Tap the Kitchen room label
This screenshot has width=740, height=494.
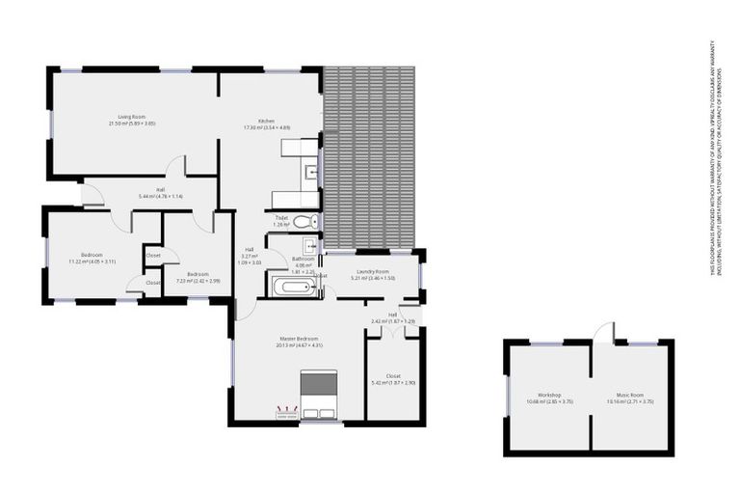pyautogui.click(x=267, y=123)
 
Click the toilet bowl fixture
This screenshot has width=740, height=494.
pyautogui.click(x=304, y=223)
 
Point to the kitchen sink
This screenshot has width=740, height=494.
pyautogui.click(x=312, y=174)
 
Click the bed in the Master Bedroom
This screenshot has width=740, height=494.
pyautogui.click(x=318, y=396)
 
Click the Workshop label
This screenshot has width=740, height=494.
pyautogui.click(x=550, y=397)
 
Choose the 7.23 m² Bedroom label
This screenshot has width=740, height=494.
pyautogui.click(x=198, y=277)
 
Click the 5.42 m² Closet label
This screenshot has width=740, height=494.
pyautogui.click(x=392, y=378)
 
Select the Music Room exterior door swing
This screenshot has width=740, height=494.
pyautogui.click(x=603, y=333)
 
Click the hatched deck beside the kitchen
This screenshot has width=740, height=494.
pyautogui.click(x=370, y=154)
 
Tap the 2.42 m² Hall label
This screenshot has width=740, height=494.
pyautogui.click(x=393, y=317)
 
